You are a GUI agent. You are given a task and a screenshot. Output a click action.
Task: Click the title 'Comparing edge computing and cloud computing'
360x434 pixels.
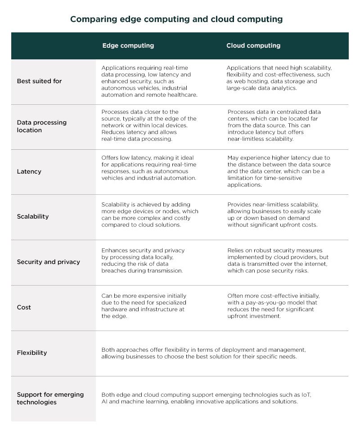[x=176, y=19]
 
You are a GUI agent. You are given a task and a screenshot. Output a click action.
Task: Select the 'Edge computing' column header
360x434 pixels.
[x=128, y=45]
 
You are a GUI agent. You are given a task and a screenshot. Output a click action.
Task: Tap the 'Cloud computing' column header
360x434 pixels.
[x=253, y=45]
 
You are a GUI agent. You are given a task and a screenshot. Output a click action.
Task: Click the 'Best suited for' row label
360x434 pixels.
[x=39, y=81]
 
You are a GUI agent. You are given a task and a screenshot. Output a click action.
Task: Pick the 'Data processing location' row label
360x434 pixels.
[x=41, y=126]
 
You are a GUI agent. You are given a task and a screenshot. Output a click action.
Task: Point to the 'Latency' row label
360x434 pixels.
[x=29, y=171]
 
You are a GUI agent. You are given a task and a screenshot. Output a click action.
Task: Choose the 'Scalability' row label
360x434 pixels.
[x=32, y=216]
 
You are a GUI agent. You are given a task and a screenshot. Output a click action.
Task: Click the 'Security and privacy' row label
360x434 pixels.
[x=48, y=262]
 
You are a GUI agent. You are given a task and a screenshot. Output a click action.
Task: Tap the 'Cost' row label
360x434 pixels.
[x=24, y=307]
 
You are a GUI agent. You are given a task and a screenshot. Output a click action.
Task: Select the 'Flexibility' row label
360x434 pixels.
[x=31, y=353]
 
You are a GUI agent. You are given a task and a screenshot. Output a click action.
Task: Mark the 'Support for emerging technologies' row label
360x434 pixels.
[x=50, y=398]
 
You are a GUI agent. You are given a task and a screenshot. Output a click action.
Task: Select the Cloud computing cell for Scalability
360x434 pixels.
[x=274, y=215]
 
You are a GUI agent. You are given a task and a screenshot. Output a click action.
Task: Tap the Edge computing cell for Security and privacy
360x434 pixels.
[x=143, y=260]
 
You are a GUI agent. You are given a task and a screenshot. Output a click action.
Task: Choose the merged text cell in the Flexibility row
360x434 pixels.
[x=203, y=353]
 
